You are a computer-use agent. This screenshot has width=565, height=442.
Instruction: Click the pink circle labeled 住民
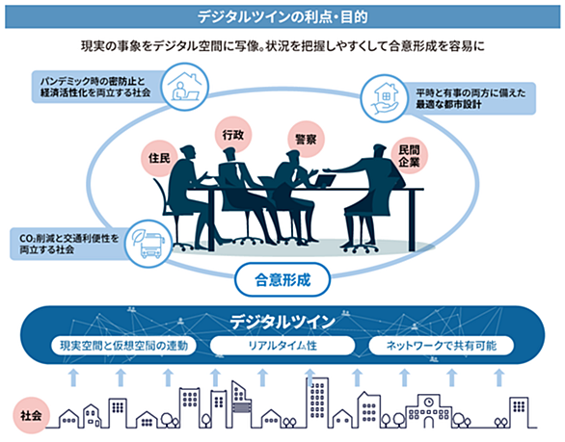pyautogui.click(x=159, y=158)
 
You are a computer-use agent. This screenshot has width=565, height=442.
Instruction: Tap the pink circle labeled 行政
pyautogui.click(x=233, y=135)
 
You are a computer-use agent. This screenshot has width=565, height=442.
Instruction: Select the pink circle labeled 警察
pyautogui.click(x=307, y=140)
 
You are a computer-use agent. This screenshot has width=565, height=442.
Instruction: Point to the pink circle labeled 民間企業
pyautogui.click(x=410, y=156)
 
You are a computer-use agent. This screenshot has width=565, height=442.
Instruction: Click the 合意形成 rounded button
pyautogui.click(x=282, y=279)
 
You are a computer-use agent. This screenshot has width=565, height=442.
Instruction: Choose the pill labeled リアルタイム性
pyautogui.click(x=282, y=346)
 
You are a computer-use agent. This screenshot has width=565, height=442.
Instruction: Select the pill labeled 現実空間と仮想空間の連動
pyautogui.click(x=123, y=346)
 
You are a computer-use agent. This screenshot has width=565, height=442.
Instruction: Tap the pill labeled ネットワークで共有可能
pyautogui.click(x=442, y=346)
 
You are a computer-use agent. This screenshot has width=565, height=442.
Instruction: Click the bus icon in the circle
pyautogui.click(x=149, y=244)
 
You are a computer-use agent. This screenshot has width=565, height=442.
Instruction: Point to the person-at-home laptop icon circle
pyautogui.click(x=184, y=87)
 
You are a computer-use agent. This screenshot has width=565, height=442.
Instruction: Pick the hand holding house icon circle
pyautogui.click(x=384, y=98)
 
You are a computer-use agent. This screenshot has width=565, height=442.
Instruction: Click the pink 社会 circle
pyautogui.click(x=31, y=416)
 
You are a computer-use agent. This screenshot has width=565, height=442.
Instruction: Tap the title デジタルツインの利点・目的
pyautogui.click(x=282, y=17)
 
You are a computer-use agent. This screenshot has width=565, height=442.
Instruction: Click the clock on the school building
pyautogui.click(x=428, y=402)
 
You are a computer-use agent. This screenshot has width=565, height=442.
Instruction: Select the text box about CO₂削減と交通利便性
pyautogui.click(x=70, y=244)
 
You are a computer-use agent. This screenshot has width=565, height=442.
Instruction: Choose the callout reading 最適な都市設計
pyautogui.click(x=469, y=98)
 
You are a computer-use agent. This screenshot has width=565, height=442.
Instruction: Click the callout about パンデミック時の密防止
pyautogui.click(x=97, y=87)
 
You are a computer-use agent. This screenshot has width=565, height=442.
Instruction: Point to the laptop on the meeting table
pyautogui.click(x=325, y=181)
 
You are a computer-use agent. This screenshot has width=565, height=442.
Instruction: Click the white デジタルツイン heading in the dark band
pyautogui.click(x=282, y=322)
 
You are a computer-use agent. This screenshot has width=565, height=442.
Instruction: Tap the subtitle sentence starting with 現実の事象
pyautogui.click(x=282, y=46)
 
